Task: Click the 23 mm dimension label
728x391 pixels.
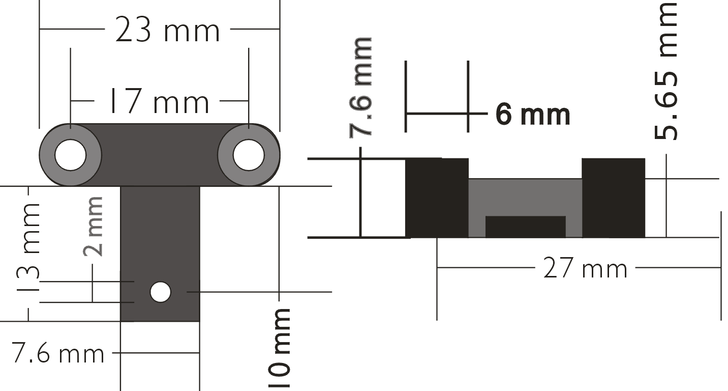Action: (x=168, y=30)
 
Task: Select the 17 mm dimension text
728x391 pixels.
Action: (x=160, y=101)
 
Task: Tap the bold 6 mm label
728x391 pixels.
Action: (x=533, y=115)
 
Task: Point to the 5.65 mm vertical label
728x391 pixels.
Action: (x=666, y=71)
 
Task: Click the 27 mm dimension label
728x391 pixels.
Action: (x=585, y=268)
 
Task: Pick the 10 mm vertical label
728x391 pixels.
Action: (x=279, y=348)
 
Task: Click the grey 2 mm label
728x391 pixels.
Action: (x=93, y=227)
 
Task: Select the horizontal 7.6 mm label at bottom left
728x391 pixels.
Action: (x=58, y=353)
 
